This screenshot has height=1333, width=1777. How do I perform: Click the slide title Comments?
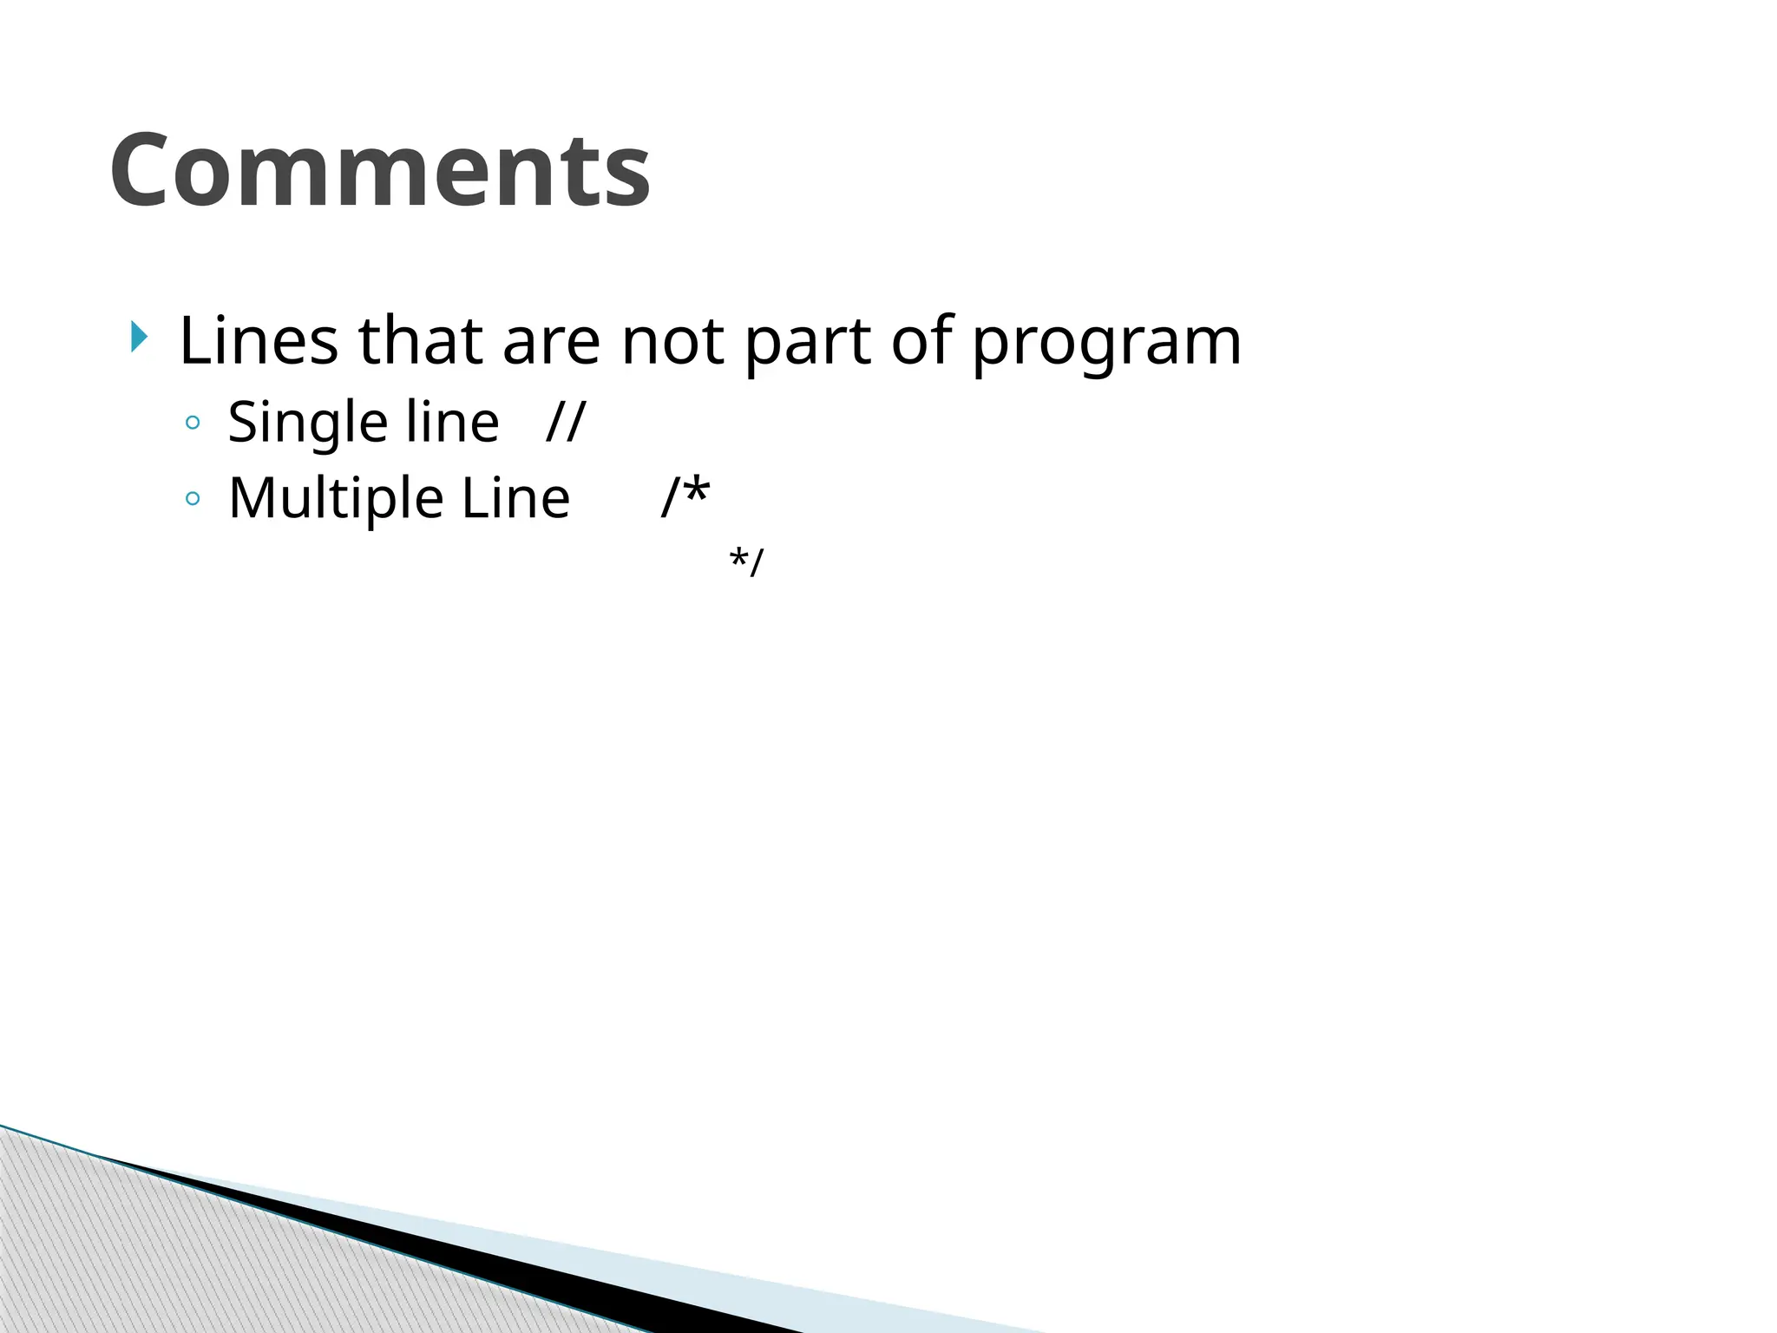point(380,170)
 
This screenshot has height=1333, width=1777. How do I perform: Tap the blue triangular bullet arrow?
point(139,337)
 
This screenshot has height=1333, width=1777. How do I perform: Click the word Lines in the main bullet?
point(258,340)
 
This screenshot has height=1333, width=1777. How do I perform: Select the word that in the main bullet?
point(420,340)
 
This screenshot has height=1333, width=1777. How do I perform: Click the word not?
point(672,340)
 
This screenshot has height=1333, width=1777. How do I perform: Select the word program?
point(1106,345)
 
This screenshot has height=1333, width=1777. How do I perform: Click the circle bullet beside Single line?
point(193,424)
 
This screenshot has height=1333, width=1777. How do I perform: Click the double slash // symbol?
point(566,423)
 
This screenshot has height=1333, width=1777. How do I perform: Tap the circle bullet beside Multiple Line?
point(193,499)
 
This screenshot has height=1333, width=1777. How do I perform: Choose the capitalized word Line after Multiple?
point(515,499)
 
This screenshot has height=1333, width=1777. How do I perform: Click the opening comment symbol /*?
point(685,496)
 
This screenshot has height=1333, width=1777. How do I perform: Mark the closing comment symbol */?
point(746,561)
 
